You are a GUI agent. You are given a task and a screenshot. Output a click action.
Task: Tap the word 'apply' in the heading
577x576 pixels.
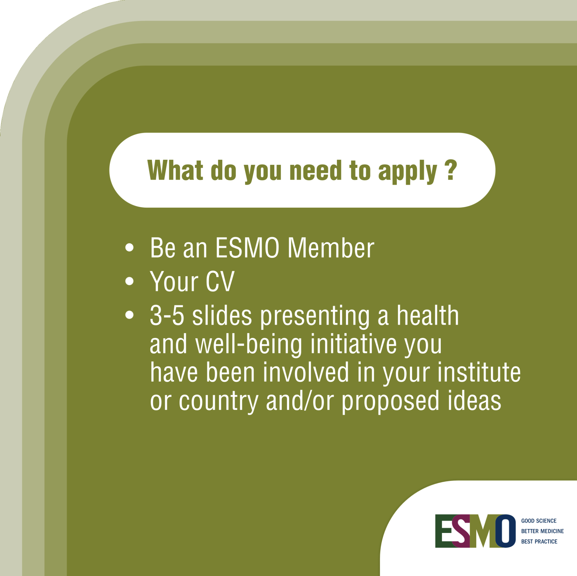point(407,172)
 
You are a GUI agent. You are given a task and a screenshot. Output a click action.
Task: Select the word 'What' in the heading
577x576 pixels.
point(175,170)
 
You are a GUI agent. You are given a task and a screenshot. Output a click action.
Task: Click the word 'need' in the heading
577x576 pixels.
point(315,170)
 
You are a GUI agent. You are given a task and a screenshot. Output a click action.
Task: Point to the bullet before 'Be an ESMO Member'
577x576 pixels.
point(129,247)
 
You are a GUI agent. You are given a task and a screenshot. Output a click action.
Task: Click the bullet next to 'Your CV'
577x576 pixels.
point(129,281)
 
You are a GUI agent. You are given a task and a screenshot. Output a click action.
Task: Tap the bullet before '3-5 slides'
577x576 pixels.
point(129,315)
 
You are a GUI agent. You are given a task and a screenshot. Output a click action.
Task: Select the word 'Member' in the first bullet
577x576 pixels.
point(331,248)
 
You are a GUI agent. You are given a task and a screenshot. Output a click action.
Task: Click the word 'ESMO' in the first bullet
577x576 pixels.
point(247,248)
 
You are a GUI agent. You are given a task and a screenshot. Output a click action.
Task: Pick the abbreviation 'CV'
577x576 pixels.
point(220,281)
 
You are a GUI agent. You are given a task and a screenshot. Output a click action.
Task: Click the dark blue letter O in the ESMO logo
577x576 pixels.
point(505,531)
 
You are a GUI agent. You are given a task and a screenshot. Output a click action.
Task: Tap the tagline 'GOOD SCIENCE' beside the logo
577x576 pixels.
point(539,521)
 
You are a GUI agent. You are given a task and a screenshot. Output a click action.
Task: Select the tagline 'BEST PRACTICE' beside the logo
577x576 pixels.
point(539,541)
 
